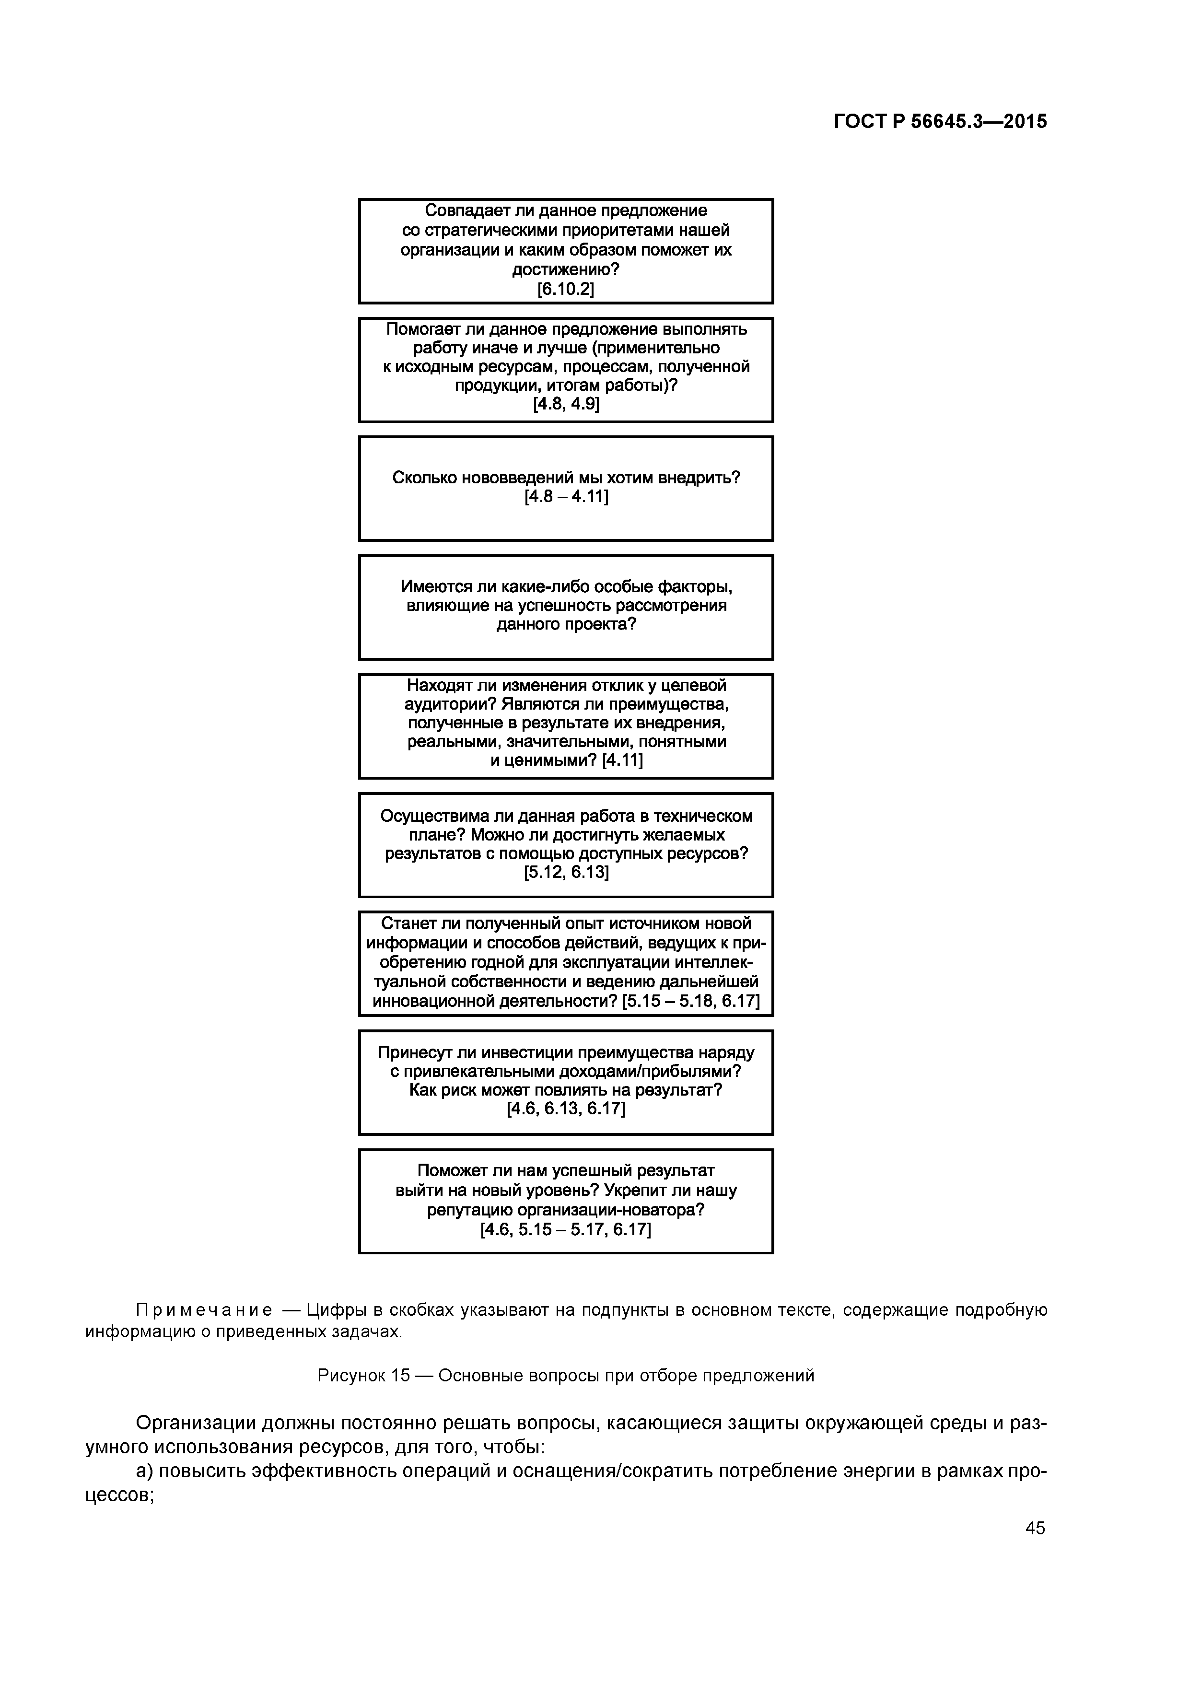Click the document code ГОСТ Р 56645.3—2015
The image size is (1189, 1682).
click(940, 122)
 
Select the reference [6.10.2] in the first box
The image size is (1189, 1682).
click(566, 290)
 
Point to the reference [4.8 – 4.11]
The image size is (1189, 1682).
click(566, 497)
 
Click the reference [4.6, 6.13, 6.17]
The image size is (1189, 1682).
click(566, 1109)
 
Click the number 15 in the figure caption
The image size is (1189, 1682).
click(400, 1376)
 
